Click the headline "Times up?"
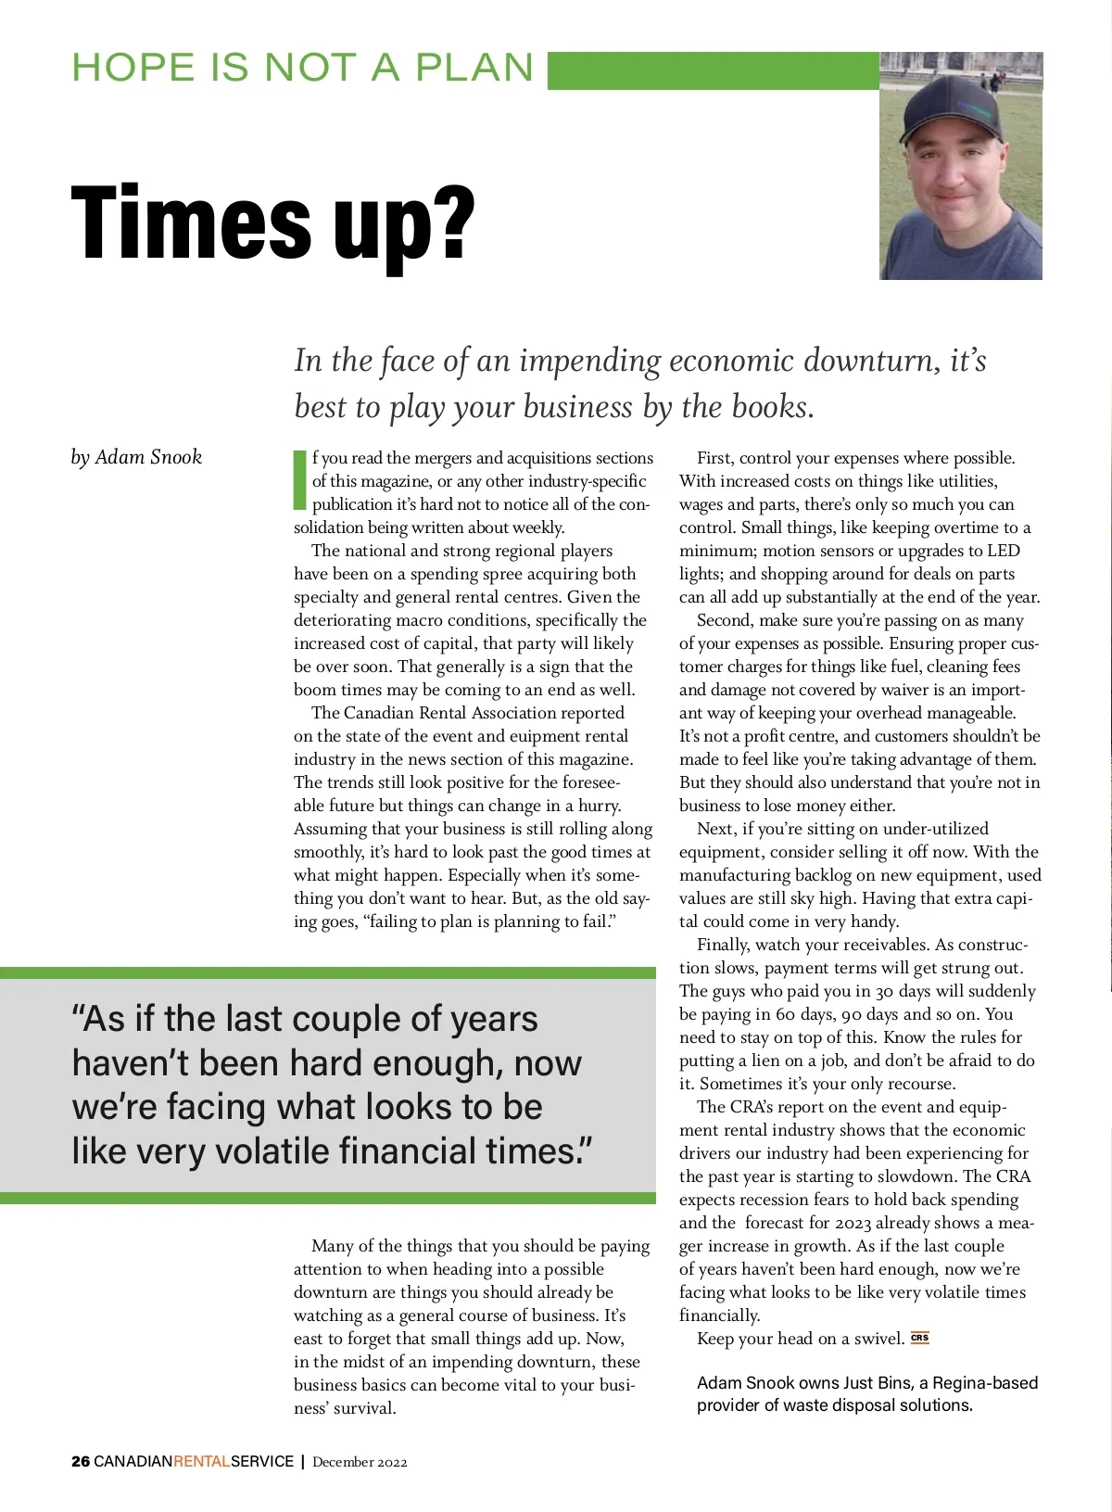coord(272,224)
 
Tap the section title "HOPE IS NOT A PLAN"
coord(303,69)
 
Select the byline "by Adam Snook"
coord(136,457)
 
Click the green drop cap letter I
coord(299,480)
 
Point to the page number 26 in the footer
coord(81,1462)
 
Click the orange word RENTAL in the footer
coord(202,1462)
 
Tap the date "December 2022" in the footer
coord(360,1462)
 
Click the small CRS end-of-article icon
coord(919,1338)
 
